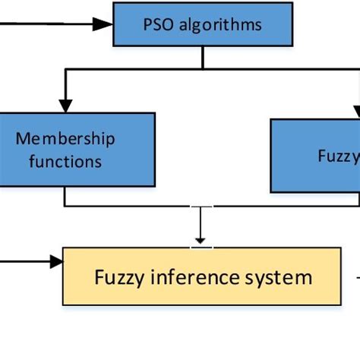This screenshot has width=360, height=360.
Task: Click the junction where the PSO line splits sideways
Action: [201, 69]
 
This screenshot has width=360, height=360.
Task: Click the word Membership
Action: [65, 139]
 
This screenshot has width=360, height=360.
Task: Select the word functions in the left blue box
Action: [65, 161]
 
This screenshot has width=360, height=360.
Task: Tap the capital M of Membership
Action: [23, 139]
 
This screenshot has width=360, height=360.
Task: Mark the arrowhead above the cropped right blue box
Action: [356, 110]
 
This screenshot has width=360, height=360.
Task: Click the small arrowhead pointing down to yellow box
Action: [201, 238]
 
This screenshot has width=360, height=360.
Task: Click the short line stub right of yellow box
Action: [355, 276]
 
